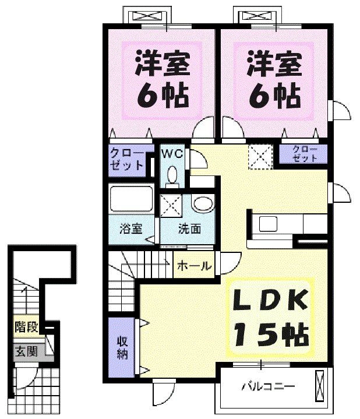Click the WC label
click(172, 154)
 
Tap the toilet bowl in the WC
click(172, 174)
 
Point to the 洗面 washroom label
click(189, 228)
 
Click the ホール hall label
click(194, 266)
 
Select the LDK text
click(270, 301)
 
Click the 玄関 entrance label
click(26, 352)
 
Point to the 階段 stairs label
click(26, 328)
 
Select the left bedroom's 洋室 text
click(163, 64)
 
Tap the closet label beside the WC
click(126, 159)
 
